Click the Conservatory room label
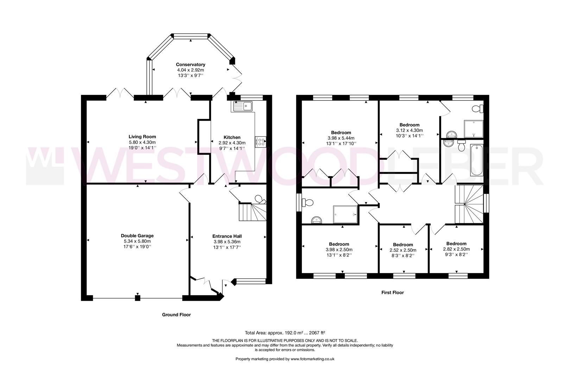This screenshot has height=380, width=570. tap(190, 65)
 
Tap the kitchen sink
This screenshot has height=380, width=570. tap(242, 106)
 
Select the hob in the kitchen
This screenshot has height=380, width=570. tap(261, 142)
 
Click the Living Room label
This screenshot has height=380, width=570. tap(142, 137)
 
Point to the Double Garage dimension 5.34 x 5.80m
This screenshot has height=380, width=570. tap(137, 241)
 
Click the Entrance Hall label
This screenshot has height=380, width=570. tap(227, 236)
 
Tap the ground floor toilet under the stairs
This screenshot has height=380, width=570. tap(260, 199)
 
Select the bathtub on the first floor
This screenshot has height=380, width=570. tap(477, 160)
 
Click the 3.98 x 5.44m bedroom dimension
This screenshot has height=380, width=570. tap(341, 138)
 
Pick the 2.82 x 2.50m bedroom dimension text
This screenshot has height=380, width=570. tap(456, 249)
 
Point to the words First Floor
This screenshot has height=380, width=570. tap(393, 292)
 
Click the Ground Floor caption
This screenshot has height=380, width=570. tap(176, 315)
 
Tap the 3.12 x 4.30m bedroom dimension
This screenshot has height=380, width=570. tap(409, 130)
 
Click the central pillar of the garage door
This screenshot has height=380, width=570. tap(138, 298)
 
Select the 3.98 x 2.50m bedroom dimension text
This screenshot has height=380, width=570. tap(339, 249)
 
